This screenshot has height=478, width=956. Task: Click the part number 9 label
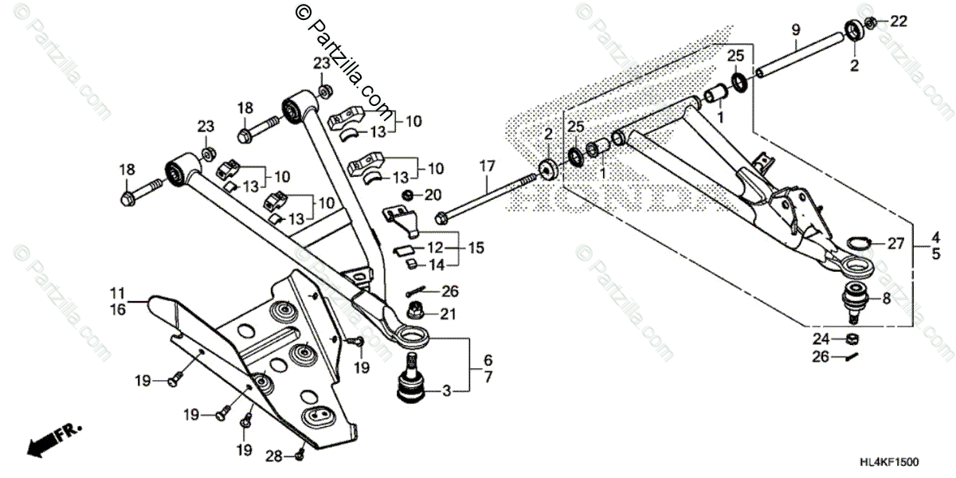795,29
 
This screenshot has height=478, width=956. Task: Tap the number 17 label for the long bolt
488,165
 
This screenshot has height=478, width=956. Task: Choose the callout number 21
448,315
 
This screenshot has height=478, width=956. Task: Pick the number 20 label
433,195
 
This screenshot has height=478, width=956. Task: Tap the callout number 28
273,456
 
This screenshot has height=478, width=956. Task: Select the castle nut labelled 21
416,309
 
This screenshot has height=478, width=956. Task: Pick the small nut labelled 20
408,196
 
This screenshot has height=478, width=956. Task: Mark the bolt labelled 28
299,455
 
